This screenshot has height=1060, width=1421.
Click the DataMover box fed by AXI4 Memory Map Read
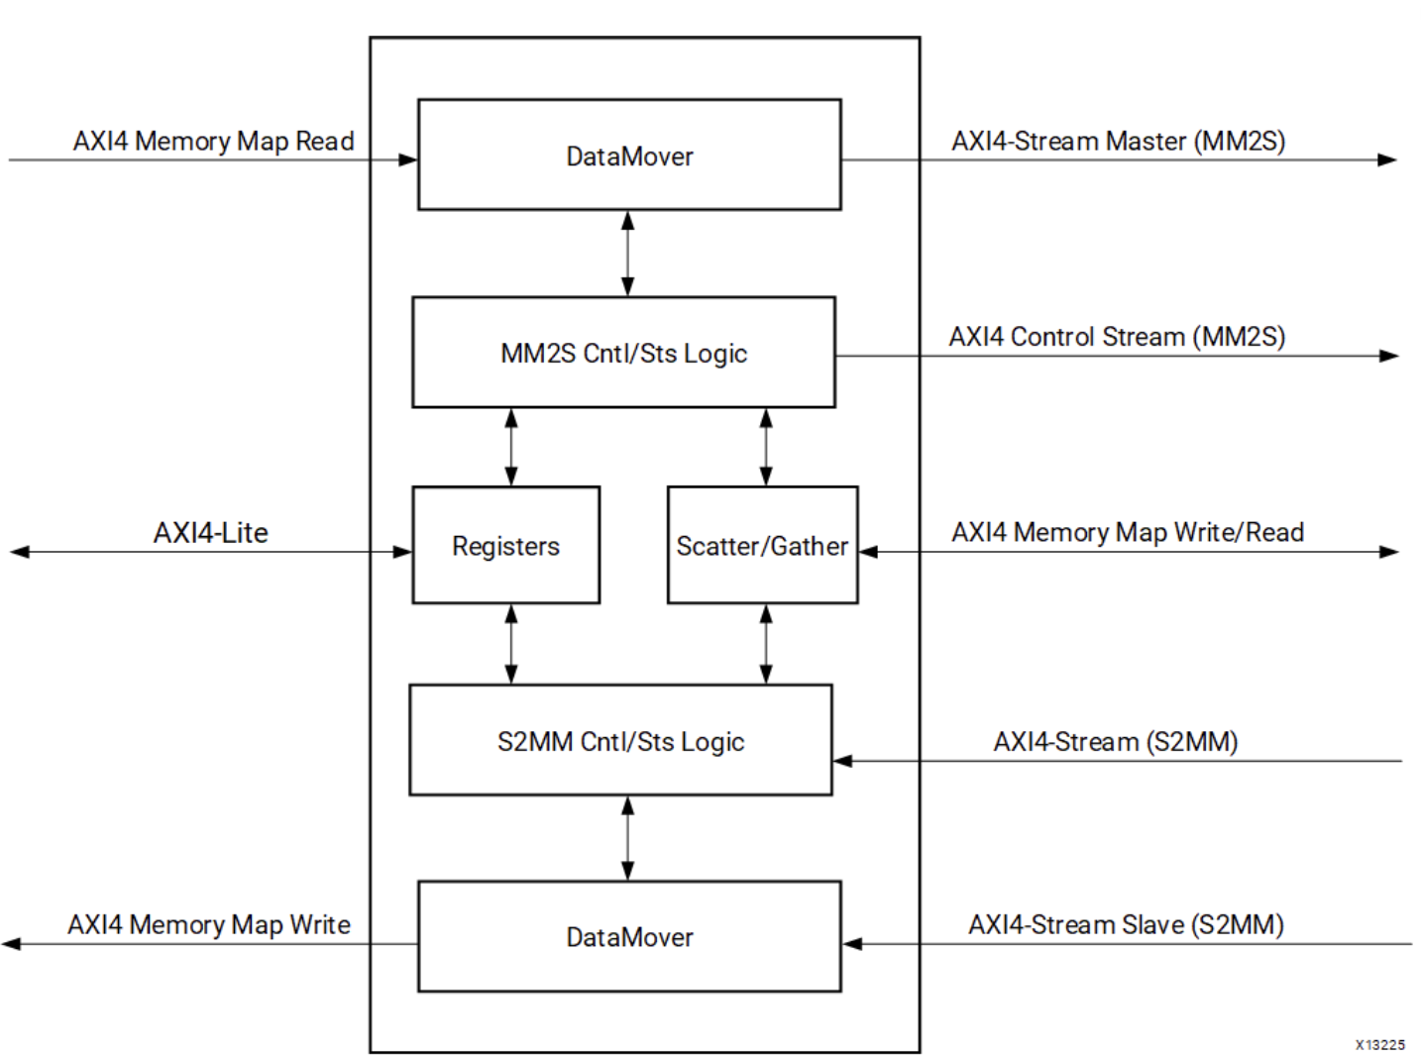click(629, 155)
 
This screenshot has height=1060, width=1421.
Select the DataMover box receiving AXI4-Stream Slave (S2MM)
click(629, 936)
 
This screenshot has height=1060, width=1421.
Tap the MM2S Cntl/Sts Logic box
click(623, 353)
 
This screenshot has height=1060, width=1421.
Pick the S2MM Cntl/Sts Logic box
click(620, 740)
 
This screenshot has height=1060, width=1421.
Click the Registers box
click(505, 545)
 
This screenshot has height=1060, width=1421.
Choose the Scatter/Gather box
click(762, 545)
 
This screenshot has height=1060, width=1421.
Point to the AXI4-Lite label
click(210, 533)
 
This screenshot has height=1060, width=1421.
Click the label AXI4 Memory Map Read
click(213, 141)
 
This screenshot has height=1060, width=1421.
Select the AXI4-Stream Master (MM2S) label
click(1118, 141)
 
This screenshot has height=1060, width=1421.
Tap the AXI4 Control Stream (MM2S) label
click(1117, 337)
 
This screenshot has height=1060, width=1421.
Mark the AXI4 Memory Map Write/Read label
click(1127, 532)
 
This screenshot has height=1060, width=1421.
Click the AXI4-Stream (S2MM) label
click(1115, 742)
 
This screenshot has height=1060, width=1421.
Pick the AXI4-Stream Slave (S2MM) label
click(1126, 924)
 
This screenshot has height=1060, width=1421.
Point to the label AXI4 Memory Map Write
click(208, 924)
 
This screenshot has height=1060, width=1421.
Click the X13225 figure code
click(1379, 1044)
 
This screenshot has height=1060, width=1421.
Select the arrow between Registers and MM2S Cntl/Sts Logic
click(510, 447)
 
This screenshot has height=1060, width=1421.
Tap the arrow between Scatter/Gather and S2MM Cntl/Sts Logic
click(765, 644)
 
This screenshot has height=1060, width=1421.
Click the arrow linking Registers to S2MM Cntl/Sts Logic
click(510, 644)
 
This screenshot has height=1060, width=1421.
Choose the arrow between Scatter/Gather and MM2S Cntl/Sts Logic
click(765, 447)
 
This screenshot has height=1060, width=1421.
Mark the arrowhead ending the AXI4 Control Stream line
click(1388, 356)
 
